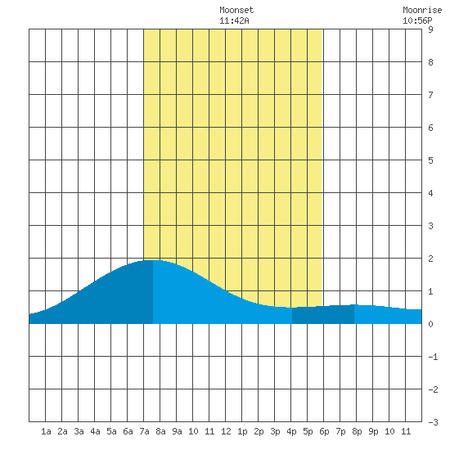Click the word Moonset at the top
236,10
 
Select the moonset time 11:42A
234,20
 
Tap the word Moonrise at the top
422,10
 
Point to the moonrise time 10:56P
417,20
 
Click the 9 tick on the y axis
430,29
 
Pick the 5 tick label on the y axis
430,160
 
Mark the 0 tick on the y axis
430,324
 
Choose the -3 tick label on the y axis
433,422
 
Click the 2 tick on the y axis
430,259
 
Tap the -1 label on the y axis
433,357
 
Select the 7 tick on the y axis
430,95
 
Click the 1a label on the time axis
46,431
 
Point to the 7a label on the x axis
144,431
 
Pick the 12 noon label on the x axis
226,431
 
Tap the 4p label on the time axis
291,431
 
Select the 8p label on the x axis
357,431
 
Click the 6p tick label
324,431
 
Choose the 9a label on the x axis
177,431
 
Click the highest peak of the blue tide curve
153,260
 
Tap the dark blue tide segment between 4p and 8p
323,315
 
